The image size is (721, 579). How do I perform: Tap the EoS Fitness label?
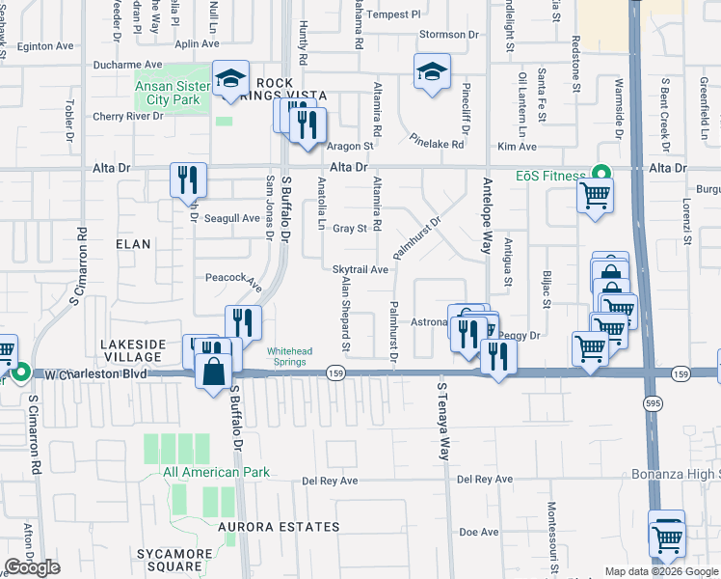tap(549, 176)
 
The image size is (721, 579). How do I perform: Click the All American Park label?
tap(216, 473)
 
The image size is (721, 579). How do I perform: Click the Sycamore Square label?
tap(174, 561)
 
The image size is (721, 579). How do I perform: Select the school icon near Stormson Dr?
tap(432, 70)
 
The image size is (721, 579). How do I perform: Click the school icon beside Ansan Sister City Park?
tap(230, 80)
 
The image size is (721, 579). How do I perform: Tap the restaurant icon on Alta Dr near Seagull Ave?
tap(187, 179)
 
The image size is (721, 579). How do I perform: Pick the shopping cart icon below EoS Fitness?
tap(595, 196)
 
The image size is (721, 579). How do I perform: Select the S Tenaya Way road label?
tap(443, 422)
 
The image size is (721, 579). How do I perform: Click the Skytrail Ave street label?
tap(360, 270)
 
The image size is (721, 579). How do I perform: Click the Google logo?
tap(33, 567)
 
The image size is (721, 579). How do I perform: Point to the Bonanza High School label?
tap(676, 474)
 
